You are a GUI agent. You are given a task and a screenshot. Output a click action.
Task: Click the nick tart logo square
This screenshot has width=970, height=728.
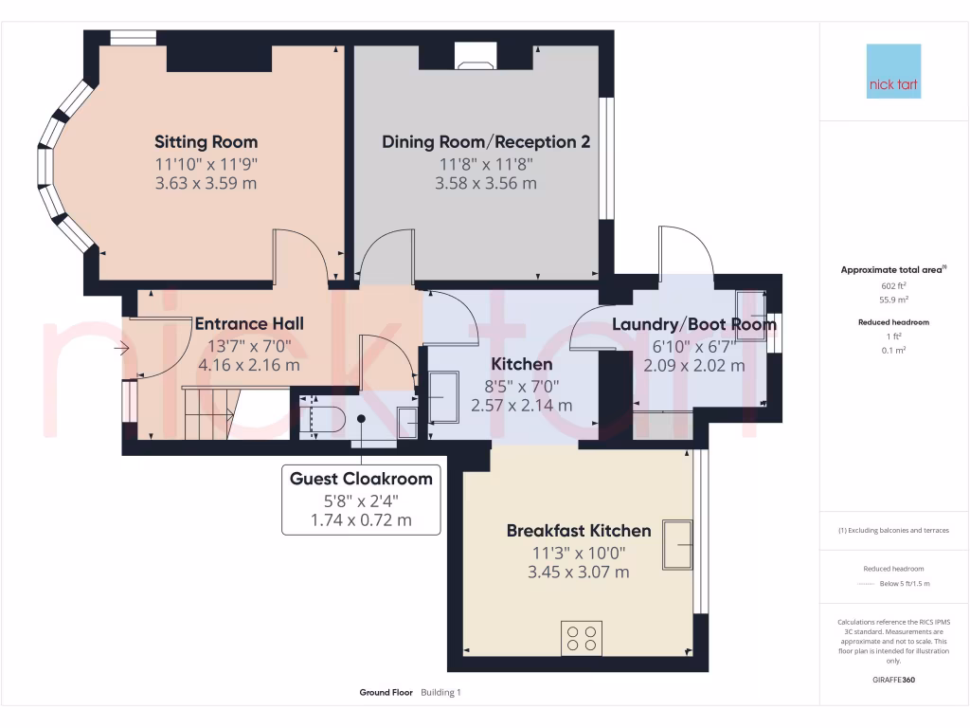[893, 71]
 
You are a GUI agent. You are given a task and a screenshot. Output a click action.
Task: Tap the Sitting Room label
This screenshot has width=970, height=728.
[206, 142]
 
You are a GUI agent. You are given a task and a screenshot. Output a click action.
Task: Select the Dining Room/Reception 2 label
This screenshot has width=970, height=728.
[486, 142]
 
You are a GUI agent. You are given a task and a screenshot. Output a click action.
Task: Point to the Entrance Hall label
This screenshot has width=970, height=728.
[249, 324]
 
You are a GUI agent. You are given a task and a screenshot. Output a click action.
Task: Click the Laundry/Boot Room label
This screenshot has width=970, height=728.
[694, 324]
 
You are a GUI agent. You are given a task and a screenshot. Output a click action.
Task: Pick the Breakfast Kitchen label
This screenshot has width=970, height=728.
[579, 531]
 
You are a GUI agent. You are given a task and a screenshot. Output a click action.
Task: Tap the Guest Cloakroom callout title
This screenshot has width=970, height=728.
[361, 479]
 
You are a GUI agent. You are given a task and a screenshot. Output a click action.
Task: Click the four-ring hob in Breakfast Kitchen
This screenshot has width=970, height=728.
[582, 638]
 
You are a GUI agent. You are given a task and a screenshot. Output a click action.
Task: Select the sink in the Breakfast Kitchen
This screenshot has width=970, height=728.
[677, 545]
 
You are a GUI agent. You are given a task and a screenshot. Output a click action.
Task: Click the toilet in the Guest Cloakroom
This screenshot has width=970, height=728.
[322, 419]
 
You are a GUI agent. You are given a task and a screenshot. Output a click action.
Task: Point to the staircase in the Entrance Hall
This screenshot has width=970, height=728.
[211, 413]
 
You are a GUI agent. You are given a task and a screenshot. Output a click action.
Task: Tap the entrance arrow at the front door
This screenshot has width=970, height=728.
[121, 349]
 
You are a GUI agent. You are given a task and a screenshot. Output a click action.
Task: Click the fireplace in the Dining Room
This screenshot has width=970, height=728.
[476, 55]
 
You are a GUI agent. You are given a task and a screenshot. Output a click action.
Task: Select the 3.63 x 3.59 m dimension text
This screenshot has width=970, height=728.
[206, 183]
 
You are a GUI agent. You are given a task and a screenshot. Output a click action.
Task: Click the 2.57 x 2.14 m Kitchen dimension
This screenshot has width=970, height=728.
[522, 406]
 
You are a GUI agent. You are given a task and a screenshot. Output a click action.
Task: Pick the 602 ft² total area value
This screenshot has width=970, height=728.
[893, 286]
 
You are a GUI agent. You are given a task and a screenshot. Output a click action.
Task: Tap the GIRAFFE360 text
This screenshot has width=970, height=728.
[893, 680]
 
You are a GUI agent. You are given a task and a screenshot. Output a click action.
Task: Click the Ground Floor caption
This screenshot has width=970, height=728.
[386, 693]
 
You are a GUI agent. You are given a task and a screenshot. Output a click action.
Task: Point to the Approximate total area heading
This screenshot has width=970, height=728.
[893, 270]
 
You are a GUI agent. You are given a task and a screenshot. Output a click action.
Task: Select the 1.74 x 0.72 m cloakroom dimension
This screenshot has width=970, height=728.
[361, 520]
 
